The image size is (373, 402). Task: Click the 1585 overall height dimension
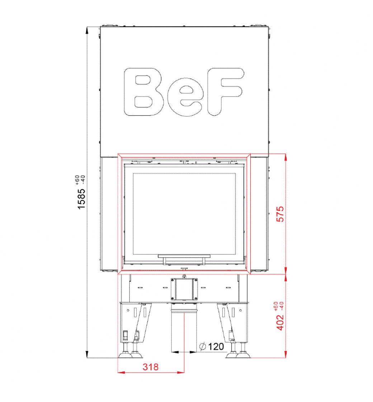pos(81,199)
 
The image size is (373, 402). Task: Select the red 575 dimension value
pos(280,214)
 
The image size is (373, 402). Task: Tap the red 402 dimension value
pos(280,322)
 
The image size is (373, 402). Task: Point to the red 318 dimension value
pos(151,367)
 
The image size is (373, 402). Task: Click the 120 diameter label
pos(216,347)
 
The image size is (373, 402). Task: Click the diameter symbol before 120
pos(203,347)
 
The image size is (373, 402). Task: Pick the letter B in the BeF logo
pos(143,92)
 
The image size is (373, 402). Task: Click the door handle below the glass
pos(184,259)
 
